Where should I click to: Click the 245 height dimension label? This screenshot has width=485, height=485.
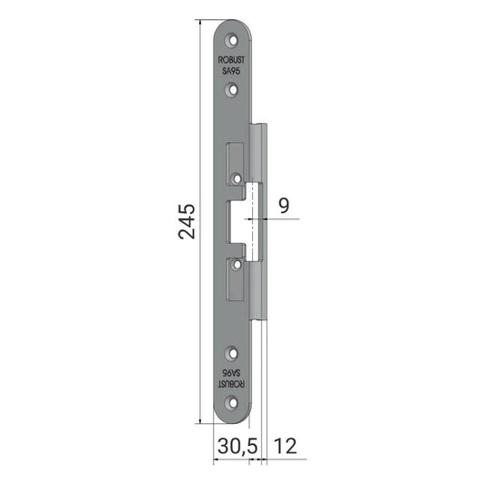[x=187, y=221]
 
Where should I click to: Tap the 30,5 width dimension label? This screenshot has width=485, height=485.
[x=237, y=446]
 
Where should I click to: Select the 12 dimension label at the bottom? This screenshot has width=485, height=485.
[x=285, y=446]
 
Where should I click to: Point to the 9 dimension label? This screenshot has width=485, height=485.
[x=284, y=206]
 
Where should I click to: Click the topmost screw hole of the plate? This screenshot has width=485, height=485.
[x=233, y=41]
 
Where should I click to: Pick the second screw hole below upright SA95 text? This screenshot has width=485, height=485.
[x=233, y=90]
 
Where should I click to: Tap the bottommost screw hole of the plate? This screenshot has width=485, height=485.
[x=233, y=403]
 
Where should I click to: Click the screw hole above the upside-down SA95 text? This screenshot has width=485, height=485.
[x=233, y=353]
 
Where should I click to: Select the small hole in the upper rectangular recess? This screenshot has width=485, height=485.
[x=237, y=178]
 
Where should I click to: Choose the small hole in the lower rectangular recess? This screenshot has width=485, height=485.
[x=237, y=265]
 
